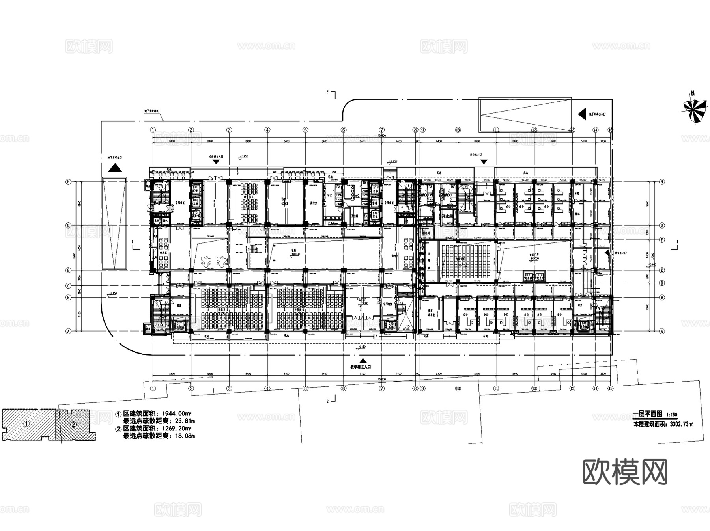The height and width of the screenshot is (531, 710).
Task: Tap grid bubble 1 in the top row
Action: coord(153,130)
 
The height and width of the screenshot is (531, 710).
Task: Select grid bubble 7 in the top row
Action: coord(382,130)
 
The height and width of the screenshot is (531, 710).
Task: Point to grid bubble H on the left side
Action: coord(69,182)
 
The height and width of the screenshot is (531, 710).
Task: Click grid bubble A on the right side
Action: coord(661,331)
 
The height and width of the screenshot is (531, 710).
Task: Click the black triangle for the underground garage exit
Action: coord(115,168)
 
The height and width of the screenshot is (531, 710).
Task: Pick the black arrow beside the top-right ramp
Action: coord(581,114)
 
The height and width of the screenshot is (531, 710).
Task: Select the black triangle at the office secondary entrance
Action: coord(484,162)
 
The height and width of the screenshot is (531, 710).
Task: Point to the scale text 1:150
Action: coord(671,415)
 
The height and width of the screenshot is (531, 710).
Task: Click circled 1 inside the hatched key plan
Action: coord(27,424)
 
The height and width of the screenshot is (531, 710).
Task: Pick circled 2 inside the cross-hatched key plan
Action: coord(73,425)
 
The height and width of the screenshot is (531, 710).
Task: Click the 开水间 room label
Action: coord(447,217)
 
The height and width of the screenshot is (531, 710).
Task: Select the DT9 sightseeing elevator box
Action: coord(528,276)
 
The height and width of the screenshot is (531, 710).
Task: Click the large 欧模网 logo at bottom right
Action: coord(625,471)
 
